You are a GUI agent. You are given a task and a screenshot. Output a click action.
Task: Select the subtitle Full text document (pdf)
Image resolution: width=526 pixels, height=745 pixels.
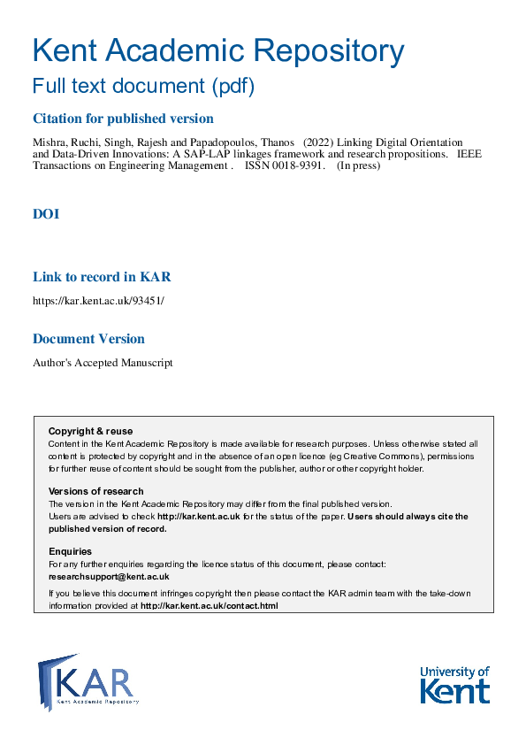tap(143, 87)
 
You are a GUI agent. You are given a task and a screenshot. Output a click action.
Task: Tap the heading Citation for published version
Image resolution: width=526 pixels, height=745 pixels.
tap(123, 119)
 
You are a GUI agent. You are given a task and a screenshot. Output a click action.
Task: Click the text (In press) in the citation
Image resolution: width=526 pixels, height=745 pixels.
tap(358, 165)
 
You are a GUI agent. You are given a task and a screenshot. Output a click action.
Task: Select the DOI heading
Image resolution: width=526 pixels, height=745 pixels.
tap(46, 214)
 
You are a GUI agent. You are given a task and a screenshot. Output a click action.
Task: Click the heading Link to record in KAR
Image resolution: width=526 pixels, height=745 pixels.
tap(102, 277)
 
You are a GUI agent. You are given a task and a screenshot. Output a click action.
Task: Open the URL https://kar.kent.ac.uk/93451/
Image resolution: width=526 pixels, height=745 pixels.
tap(98, 301)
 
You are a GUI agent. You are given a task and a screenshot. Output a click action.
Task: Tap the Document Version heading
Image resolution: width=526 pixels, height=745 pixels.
tap(88, 339)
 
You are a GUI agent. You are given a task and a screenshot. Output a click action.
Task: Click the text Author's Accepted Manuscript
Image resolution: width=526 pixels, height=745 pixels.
tap(103, 363)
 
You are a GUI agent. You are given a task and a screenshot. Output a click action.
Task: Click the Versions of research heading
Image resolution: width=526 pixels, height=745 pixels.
tap(95, 491)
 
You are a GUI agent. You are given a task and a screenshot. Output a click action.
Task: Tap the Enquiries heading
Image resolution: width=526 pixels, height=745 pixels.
tap(70, 551)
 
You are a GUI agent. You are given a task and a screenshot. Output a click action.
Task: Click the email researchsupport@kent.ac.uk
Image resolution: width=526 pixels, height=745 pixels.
tap(109, 576)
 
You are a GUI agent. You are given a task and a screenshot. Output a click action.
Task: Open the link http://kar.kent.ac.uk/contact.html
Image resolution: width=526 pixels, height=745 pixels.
tap(210, 606)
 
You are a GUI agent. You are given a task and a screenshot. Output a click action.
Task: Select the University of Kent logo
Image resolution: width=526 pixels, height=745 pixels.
tap(454, 684)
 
